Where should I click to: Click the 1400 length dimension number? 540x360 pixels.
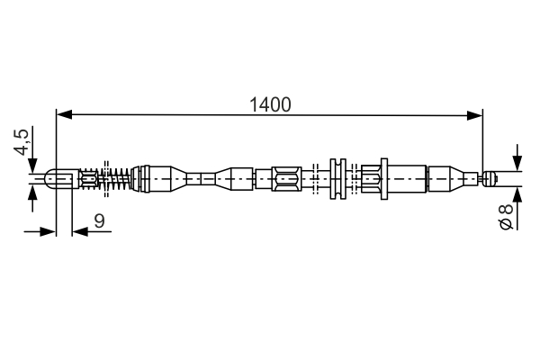[x=270, y=104]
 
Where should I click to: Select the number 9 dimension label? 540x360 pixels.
[x=98, y=219]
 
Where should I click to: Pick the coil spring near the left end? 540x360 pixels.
[x=116, y=178]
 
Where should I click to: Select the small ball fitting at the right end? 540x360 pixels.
[x=490, y=177]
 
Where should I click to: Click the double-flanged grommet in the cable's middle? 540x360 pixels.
[x=337, y=177]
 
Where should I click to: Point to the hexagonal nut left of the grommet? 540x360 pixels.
[x=285, y=177]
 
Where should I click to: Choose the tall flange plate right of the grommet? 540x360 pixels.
[x=384, y=177]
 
